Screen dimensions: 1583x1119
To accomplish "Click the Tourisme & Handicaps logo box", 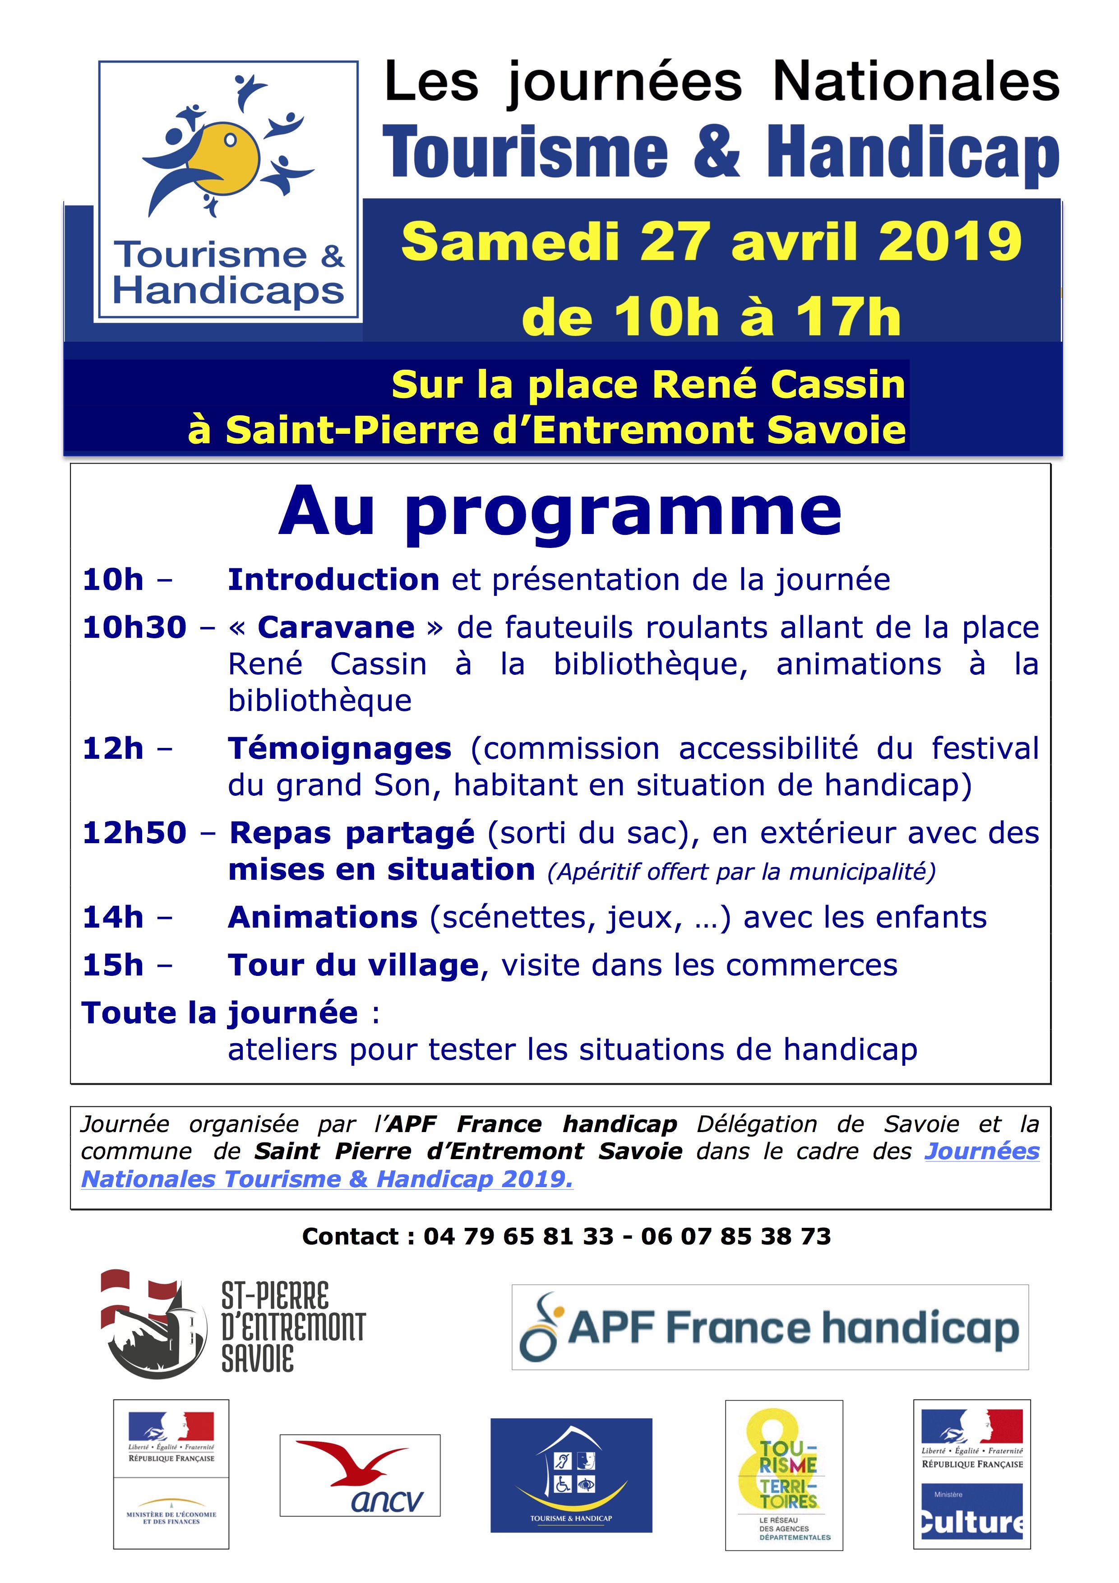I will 228,190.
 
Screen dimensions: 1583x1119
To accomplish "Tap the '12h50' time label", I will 134,833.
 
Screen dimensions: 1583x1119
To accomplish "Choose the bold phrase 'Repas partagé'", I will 352,833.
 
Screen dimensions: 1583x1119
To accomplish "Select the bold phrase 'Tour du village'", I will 353,965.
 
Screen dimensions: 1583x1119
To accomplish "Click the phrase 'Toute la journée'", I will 220,1013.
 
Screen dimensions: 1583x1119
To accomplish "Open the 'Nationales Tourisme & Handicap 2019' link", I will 327,1179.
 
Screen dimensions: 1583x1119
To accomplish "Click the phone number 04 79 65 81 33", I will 518,1236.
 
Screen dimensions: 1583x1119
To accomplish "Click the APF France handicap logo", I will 770,1327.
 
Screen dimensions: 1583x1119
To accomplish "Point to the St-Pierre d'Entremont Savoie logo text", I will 293,1327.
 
